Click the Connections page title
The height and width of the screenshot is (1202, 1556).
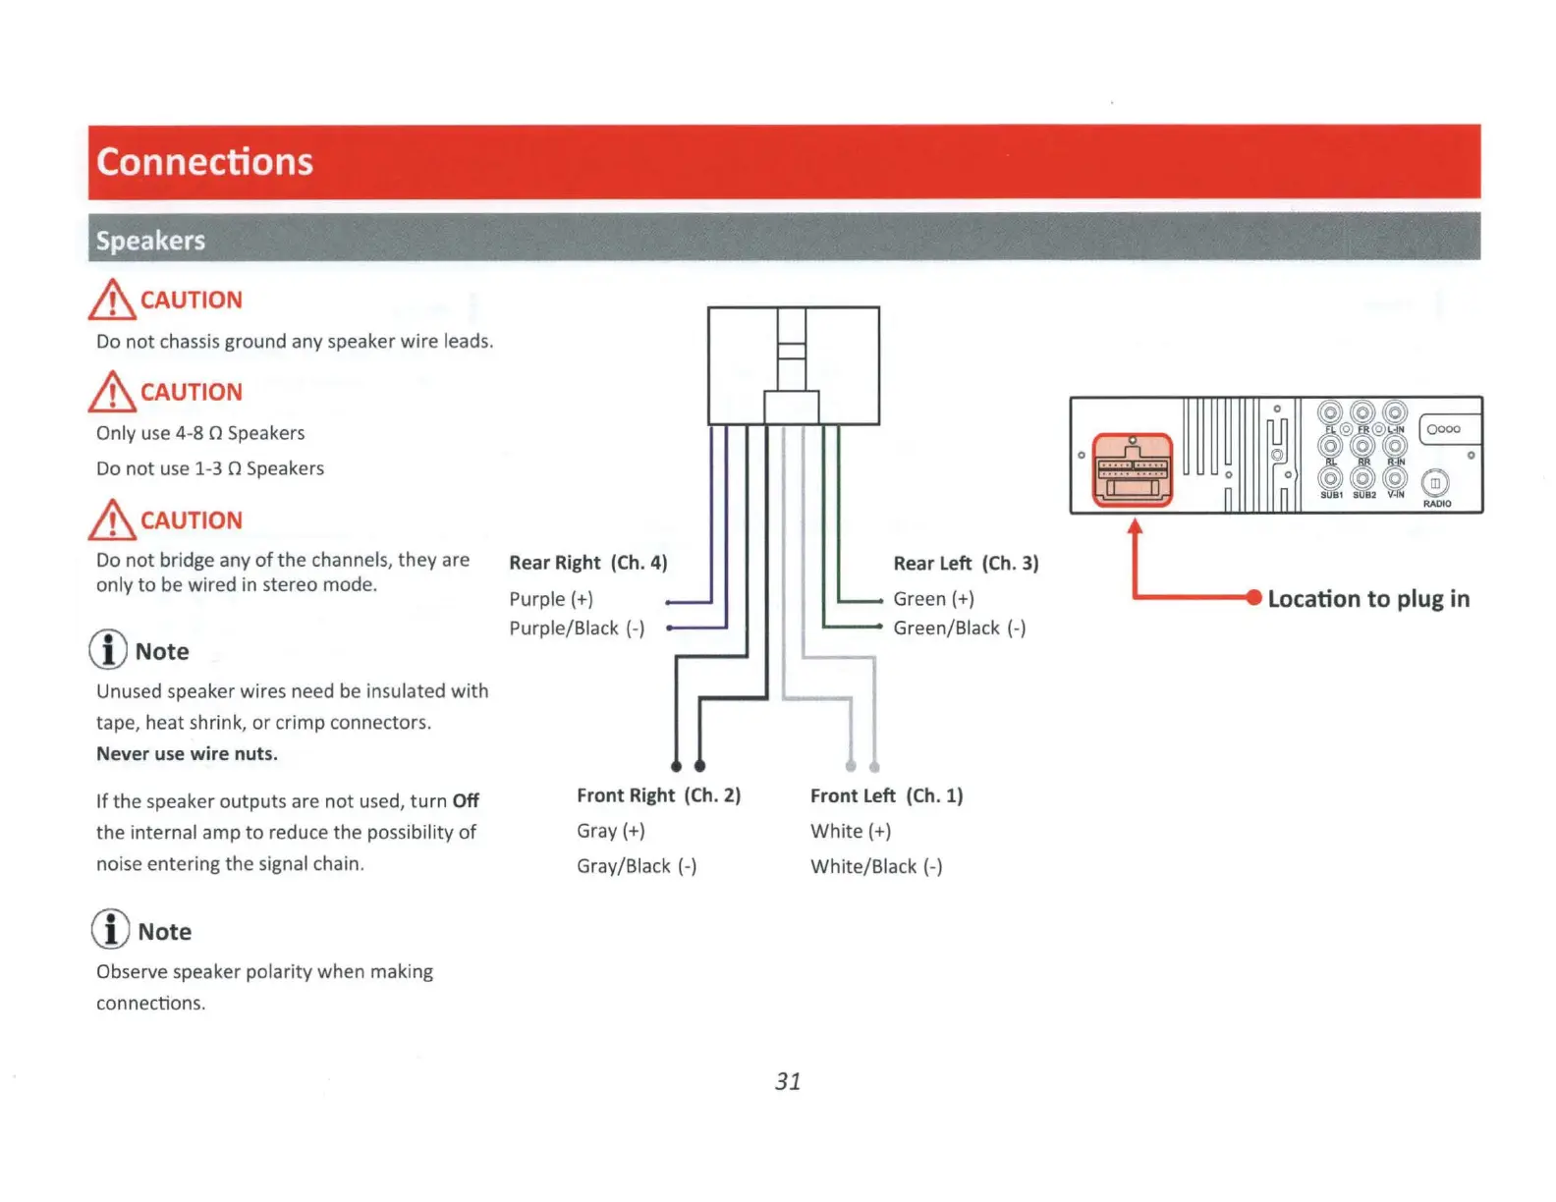point(204,162)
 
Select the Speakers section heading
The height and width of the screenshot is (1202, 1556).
point(150,241)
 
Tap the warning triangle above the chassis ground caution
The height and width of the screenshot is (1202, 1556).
point(112,300)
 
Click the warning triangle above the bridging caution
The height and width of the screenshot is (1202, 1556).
point(112,519)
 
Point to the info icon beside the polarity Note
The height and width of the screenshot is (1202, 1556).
point(110,929)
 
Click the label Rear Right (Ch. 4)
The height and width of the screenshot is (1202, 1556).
point(587,563)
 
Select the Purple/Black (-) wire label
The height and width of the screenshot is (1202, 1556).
point(577,628)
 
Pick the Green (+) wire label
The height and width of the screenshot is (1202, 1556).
point(933,599)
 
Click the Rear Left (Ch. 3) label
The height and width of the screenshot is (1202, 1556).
point(966,564)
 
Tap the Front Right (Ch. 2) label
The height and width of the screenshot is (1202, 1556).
point(658,795)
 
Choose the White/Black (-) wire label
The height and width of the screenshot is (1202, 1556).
point(875,866)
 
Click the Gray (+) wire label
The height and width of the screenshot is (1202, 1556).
point(610,831)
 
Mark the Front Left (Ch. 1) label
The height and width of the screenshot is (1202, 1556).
point(886,795)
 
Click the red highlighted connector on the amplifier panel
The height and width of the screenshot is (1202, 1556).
point(1133,469)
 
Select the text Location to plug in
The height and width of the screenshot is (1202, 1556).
point(1368,599)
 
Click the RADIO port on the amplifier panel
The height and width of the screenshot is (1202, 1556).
point(1435,484)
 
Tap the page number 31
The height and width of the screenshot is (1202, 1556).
point(788,1081)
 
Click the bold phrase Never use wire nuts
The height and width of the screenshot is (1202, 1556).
point(187,754)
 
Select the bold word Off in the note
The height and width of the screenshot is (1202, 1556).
point(466,801)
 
